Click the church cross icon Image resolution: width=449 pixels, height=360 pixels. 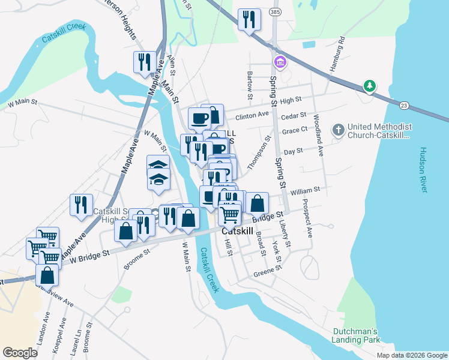pos(339,128)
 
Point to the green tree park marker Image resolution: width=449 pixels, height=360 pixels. pos(370,86)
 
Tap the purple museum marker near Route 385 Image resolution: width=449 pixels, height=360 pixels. pos(280,62)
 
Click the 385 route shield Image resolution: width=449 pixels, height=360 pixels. pos(274,12)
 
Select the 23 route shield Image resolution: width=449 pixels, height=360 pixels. pos(404,106)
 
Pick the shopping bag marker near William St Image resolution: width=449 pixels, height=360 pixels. pos(257,203)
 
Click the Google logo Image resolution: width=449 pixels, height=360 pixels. pos(20,353)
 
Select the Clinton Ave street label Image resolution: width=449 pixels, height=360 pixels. pos(252,115)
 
